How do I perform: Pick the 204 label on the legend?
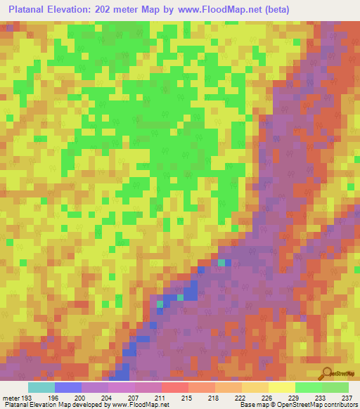(105, 398)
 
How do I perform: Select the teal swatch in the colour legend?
(41, 387)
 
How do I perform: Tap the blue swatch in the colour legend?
(68, 387)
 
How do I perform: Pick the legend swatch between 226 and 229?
(282, 387)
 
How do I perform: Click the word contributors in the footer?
(340, 405)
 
